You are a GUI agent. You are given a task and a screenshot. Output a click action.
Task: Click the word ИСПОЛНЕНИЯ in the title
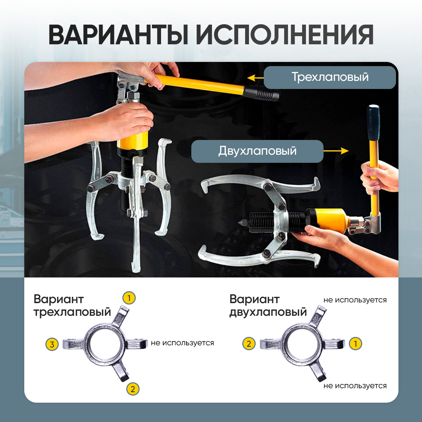(x=284, y=35)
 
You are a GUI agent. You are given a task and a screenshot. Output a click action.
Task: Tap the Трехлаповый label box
(x=330, y=77)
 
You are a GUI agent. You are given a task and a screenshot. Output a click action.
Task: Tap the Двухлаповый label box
(x=257, y=151)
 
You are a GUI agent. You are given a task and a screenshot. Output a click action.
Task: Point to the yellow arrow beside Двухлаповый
(x=336, y=151)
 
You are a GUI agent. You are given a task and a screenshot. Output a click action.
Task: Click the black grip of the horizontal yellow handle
(x=261, y=93)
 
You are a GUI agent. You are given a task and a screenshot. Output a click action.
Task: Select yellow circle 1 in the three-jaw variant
(x=129, y=298)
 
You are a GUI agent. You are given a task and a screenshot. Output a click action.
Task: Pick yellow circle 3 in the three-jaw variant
(x=52, y=345)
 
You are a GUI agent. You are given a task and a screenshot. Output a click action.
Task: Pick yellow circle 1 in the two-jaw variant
(x=356, y=344)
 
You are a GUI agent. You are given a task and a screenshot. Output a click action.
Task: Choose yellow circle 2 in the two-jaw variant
(x=249, y=344)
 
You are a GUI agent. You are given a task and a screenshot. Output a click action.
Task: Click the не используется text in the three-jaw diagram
(x=183, y=343)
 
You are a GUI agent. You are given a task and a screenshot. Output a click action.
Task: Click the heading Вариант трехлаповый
(x=72, y=306)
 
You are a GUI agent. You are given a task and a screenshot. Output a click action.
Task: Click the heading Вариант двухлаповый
(x=268, y=306)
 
